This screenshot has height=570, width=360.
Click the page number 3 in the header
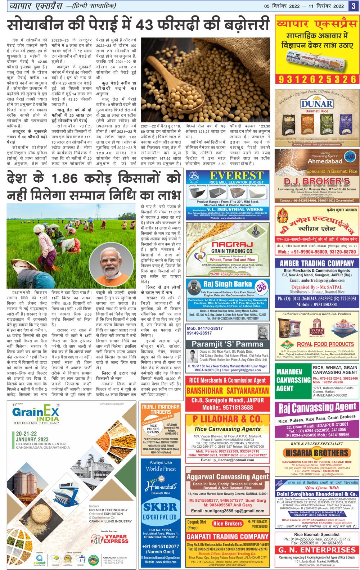(353, 6)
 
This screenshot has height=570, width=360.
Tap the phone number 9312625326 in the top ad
(317, 80)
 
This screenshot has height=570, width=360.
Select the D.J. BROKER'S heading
(317, 181)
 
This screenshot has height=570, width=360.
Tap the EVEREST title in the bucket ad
(237, 176)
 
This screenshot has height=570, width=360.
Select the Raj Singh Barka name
(228, 284)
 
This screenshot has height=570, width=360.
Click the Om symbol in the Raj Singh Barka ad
(261, 287)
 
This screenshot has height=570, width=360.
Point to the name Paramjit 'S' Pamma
(228, 344)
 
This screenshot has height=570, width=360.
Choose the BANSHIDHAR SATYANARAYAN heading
(228, 390)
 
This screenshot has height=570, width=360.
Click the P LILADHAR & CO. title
(228, 419)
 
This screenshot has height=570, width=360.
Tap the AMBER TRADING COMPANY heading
(317, 263)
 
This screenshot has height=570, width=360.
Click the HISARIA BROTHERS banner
(317, 452)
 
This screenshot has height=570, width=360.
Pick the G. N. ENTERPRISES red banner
(317, 549)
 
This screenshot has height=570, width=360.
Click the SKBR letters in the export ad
(160, 507)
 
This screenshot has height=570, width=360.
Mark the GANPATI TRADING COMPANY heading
(228, 536)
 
